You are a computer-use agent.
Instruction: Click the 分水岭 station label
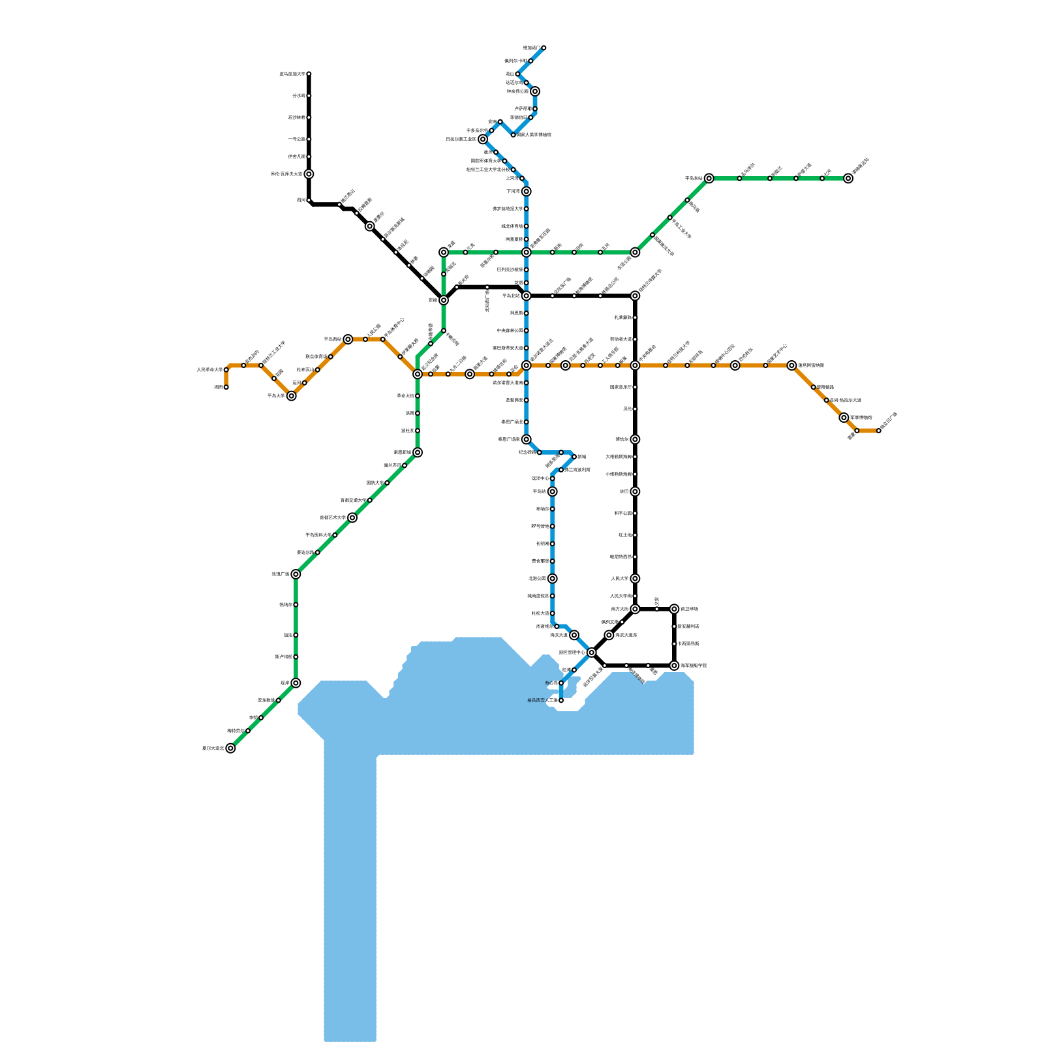tap(298, 96)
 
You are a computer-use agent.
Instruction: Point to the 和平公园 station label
tap(622, 514)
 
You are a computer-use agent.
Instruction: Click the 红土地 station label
tap(624, 535)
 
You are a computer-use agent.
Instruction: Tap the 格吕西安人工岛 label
tap(542, 701)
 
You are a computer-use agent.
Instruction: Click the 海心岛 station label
tap(551, 683)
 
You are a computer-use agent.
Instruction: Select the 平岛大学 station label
tap(276, 396)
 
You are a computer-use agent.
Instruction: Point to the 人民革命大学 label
tap(209, 370)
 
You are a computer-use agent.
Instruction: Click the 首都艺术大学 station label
tap(333, 518)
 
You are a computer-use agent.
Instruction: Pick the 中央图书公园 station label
tap(510, 331)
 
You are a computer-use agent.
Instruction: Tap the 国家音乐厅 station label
tap(621, 388)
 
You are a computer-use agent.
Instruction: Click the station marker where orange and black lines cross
tap(635, 365)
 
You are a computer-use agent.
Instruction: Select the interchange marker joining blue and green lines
tap(526, 253)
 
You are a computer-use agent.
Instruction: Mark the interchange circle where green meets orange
tap(418, 374)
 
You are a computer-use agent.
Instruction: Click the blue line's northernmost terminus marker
tap(544, 48)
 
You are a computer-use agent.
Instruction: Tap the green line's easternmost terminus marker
tap(848, 178)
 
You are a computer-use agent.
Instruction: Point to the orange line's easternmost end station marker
tap(878, 431)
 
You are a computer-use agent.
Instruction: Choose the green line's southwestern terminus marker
tap(230, 748)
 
